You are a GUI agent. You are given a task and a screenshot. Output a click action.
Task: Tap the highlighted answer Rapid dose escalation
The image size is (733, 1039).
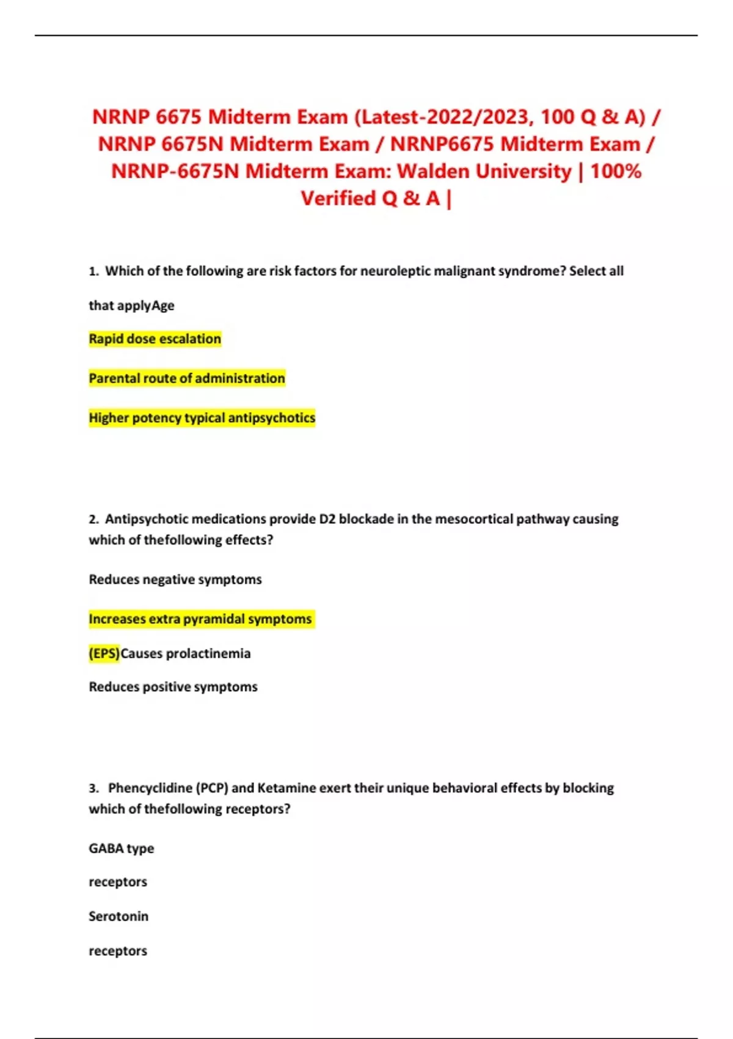(155, 339)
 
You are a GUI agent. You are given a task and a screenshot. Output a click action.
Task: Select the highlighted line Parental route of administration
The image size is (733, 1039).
(186, 378)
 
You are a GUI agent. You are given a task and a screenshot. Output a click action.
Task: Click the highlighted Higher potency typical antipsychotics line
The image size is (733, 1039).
(202, 418)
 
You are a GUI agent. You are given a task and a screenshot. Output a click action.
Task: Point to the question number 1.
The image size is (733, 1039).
(93, 271)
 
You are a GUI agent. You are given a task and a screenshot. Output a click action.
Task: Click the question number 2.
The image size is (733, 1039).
(93, 519)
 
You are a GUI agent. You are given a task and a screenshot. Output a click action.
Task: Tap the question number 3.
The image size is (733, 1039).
(93, 788)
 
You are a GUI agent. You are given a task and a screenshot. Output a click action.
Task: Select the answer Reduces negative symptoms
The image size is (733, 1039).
(175, 579)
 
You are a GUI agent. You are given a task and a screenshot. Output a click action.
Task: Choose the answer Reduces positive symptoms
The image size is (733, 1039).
(173, 687)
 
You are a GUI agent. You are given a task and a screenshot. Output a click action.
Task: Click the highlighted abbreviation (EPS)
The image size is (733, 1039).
(104, 653)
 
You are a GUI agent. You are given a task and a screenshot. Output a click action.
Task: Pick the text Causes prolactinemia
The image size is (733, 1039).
(186, 653)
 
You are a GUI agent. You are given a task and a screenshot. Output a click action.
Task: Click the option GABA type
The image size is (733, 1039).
(121, 848)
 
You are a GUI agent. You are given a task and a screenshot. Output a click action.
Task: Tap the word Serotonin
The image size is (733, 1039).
(119, 916)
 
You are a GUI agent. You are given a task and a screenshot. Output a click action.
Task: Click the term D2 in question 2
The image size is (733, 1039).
(327, 519)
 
